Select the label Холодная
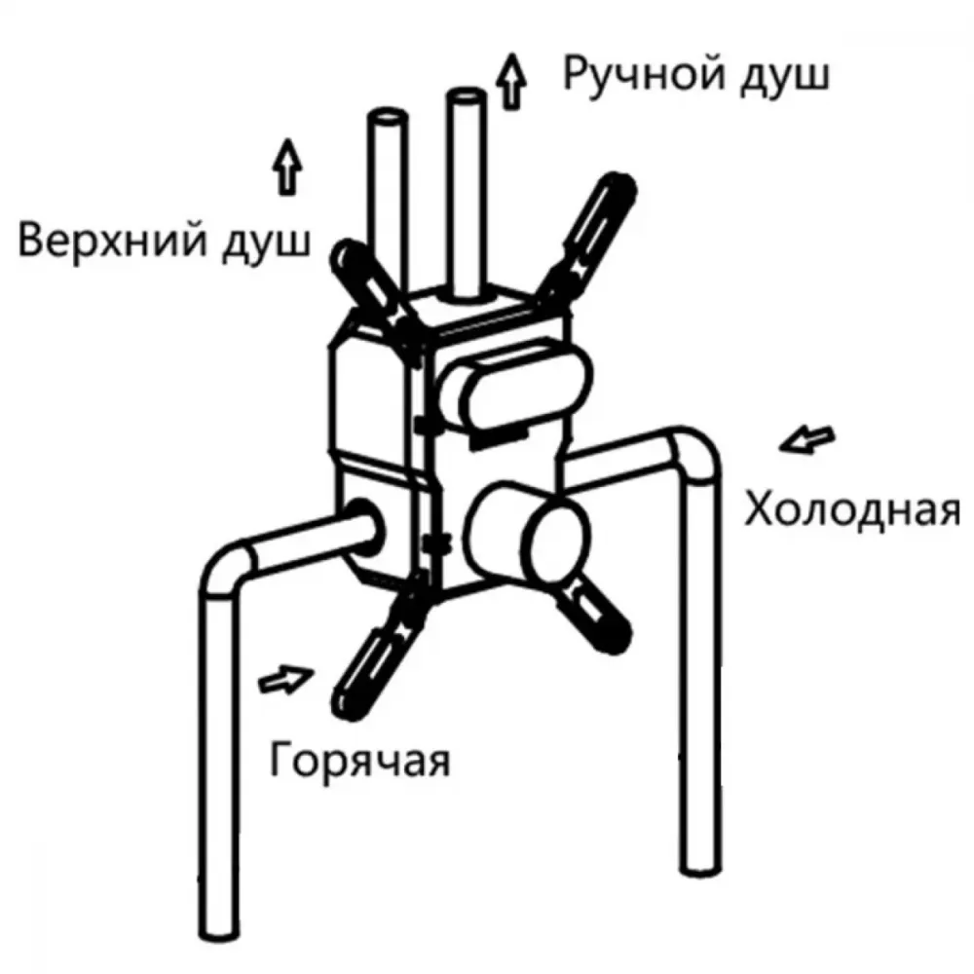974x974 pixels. pos(852,508)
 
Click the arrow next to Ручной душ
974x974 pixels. pos(511,82)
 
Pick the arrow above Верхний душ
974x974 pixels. pos(287,167)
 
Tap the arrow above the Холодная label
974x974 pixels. pos(806,440)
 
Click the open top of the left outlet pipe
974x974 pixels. pos(387,119)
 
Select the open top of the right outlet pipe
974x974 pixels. pos(467,96)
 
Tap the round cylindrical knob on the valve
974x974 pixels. pos(529,533)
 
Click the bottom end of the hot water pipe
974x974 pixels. pos(218,927)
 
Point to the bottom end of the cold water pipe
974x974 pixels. pos(700,865)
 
